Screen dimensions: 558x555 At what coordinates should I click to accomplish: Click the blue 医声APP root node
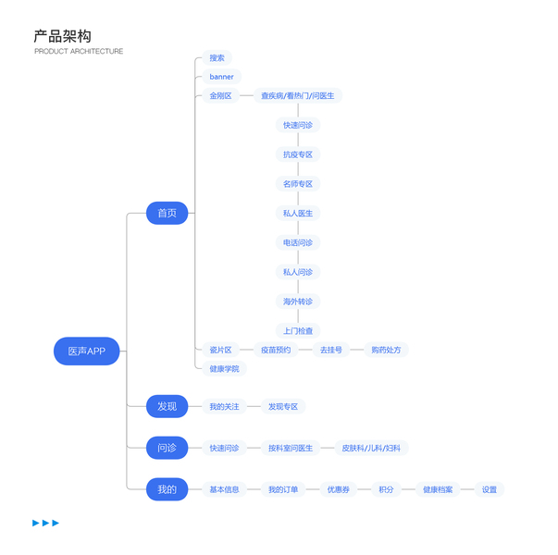point(87,351)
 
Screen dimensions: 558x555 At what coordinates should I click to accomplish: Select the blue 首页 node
point(167,214)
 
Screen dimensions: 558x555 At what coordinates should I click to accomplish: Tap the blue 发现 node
point(167,406)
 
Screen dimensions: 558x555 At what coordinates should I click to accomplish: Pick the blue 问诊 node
point(167,448)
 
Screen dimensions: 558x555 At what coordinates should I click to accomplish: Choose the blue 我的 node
point(167,489)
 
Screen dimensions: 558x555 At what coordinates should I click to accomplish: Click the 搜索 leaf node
point(217,58)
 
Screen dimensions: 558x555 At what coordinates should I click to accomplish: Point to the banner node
point(222,77)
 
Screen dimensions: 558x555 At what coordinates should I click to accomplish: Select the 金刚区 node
point(220,95)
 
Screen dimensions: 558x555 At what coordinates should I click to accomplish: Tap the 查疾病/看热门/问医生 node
point(297,95)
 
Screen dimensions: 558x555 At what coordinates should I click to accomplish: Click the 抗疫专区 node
point(298,154)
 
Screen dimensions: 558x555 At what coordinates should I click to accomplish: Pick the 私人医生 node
point(298,214)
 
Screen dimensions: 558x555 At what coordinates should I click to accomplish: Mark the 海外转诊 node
point(298,302)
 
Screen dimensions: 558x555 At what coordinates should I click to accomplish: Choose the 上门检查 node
point(298,331)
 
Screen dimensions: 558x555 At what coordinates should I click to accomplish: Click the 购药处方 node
point(386,350)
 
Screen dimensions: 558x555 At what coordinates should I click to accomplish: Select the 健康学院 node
point(224,368)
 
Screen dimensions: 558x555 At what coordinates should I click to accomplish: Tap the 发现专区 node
point(283,406)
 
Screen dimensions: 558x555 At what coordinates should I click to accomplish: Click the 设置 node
point(490,489)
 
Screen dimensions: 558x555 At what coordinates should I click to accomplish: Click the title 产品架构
point(62,36)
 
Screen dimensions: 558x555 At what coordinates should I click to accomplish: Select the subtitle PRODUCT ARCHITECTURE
point(79,52)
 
